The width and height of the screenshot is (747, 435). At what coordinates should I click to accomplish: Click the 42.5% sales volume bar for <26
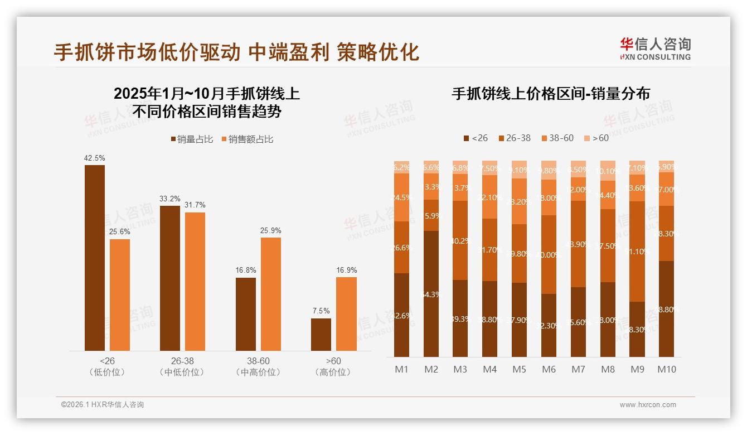(x=95, y=258)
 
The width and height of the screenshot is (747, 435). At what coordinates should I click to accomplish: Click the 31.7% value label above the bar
(x=195, y=205)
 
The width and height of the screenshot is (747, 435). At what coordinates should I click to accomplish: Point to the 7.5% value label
(x=321, y=311)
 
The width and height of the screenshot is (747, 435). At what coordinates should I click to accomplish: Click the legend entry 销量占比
(x=191, y=139)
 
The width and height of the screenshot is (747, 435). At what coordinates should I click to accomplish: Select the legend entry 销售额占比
(x=247, y=139)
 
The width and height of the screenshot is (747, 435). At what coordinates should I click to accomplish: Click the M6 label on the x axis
(x=549, y=369)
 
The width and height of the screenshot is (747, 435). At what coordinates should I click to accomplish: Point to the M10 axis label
(x=666, y=369)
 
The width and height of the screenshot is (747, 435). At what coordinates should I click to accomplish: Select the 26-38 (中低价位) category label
(x=182, y=366)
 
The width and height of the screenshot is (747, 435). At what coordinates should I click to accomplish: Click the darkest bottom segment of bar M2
(x=431, y=294)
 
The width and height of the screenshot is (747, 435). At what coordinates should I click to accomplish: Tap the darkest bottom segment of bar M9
(x=637, y=329)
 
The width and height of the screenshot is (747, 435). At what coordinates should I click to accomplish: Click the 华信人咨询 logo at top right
(x=655, y=49)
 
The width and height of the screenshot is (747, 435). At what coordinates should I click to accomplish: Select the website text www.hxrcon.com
(x=648, y=405)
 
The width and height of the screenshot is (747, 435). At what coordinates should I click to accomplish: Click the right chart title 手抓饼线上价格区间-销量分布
(x=551, y=94)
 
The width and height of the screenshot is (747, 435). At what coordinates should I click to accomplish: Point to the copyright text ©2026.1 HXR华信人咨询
(x=103, y=405)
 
